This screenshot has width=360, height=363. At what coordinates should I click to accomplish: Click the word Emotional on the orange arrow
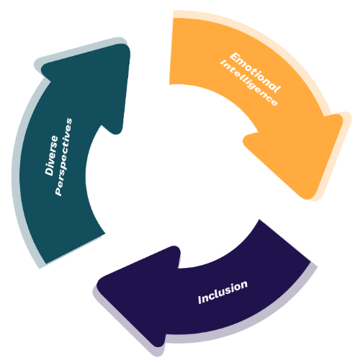click(255, 72)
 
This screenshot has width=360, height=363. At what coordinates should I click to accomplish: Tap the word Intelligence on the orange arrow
click(249, 83)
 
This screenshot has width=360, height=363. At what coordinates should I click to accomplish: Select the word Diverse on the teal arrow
click(51, 156)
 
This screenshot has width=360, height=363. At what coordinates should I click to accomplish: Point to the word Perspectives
click(63, 157)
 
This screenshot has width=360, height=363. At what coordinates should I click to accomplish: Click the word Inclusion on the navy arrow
click(222, 292)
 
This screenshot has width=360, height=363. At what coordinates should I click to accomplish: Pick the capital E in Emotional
click(235, 57)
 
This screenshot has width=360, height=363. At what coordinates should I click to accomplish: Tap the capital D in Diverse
click(50, 170)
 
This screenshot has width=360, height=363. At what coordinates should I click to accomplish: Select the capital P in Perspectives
click(58, 191)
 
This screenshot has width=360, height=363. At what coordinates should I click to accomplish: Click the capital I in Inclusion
click(200, 300)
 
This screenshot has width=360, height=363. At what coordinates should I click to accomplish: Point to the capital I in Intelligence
click(223, 63)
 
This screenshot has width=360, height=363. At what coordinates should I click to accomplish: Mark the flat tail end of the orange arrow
click(171, 51)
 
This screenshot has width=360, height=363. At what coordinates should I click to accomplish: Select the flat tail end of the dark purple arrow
click(285, 240)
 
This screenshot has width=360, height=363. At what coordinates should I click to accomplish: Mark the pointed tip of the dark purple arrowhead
click(99, 283)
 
